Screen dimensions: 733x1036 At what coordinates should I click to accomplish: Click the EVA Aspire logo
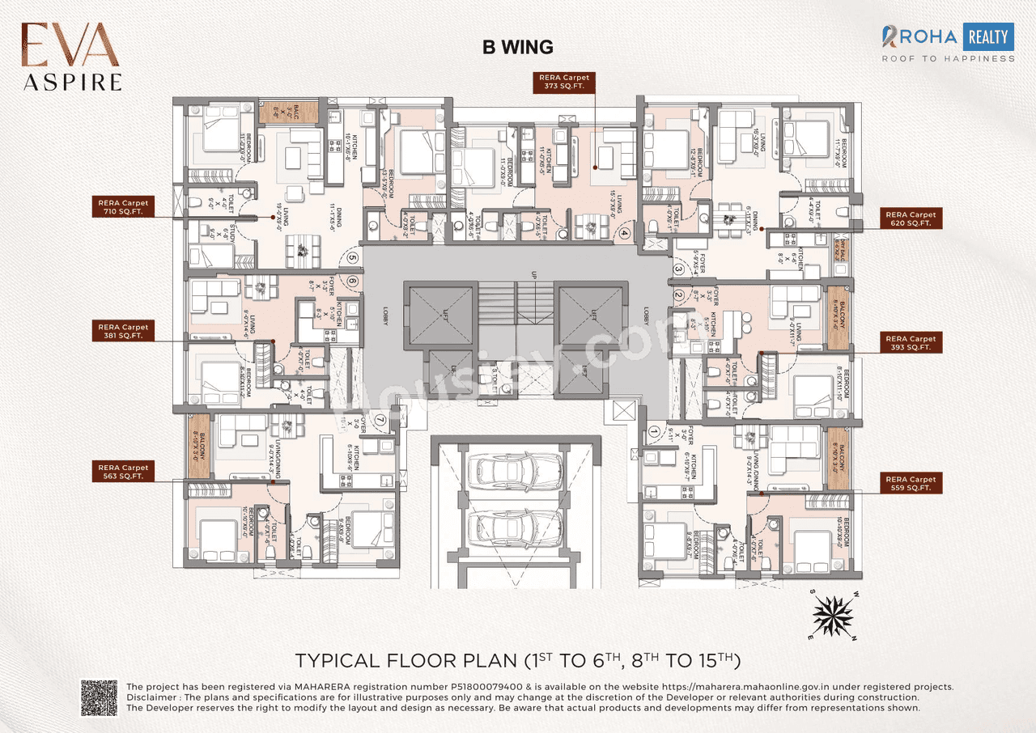(71, 55)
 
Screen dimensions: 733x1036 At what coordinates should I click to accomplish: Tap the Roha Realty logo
(948, 43)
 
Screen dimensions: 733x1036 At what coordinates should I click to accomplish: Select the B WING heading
(518, 47)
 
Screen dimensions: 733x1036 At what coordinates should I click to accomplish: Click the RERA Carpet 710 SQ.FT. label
(123, 207)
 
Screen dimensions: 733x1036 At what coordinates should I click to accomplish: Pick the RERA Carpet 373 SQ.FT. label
(564, 81)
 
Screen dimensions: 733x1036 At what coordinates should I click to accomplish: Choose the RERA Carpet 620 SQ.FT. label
(911, 219)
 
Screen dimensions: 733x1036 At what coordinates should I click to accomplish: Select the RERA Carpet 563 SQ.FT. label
(123, 472)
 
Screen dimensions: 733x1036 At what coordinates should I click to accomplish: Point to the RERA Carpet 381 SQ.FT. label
(123, 331)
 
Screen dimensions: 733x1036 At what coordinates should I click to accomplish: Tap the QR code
(99, 697)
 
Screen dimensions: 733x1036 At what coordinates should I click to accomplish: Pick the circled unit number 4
(625, 235)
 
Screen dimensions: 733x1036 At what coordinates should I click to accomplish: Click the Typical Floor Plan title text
(518, 659)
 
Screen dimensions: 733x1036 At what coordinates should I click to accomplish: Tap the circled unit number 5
(352, 259)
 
